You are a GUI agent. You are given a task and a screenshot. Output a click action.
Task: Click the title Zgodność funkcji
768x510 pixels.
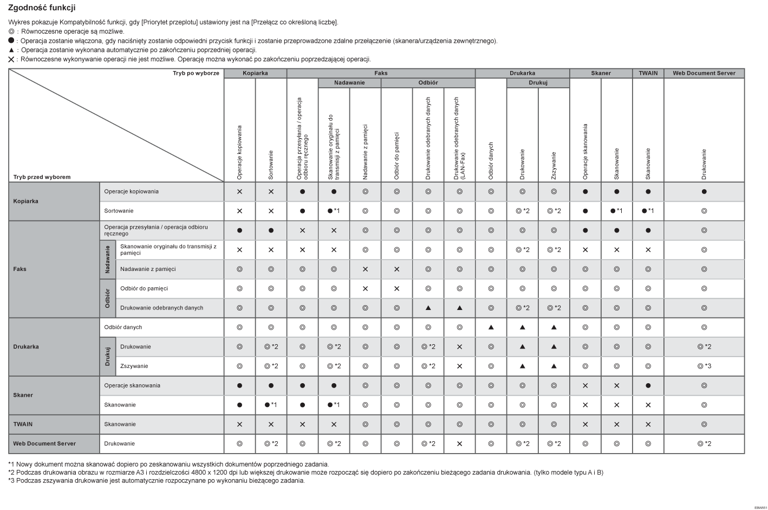42,8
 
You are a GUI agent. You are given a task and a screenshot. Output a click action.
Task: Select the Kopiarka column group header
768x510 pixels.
255,73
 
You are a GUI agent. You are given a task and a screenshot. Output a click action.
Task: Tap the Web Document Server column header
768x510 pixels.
704,73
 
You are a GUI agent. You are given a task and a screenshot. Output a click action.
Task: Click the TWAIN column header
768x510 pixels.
648,73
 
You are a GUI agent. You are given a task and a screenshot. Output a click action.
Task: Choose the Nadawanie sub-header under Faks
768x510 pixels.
349,83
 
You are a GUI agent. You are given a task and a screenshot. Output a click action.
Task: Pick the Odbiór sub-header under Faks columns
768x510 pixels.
428,83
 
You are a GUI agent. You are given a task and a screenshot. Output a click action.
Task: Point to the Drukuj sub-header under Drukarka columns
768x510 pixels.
538,83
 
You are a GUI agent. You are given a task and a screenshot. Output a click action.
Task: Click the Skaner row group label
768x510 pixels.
23,395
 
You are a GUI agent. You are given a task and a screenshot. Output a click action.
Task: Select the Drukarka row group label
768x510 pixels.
26,347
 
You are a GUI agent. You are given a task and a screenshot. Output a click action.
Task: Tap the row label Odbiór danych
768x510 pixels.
123,327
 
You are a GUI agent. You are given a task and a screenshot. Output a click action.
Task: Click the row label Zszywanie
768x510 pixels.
134,366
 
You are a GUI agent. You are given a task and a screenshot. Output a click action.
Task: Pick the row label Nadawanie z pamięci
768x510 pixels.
148,269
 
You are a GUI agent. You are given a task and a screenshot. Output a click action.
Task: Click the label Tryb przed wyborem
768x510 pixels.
42,177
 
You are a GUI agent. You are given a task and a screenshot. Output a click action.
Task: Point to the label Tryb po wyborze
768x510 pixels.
196,73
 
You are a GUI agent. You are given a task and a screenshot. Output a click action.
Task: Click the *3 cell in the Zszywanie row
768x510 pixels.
704,366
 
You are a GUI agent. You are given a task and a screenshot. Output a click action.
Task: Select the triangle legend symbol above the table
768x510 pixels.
11,50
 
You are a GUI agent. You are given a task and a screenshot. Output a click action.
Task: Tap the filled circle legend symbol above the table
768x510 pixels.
11,41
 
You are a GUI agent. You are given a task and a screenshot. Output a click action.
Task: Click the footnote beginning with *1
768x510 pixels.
168,464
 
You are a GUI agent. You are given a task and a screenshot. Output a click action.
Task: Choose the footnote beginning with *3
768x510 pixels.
157,480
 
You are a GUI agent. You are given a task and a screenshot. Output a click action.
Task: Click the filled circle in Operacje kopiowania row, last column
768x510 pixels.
704,192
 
